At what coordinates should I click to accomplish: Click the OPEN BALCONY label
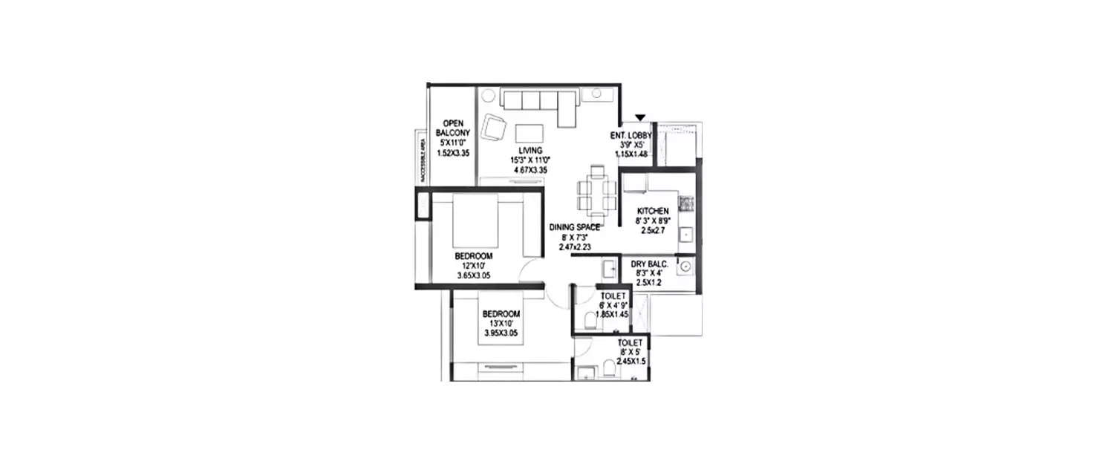pos(453,128)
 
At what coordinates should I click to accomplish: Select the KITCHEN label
pos(652,211)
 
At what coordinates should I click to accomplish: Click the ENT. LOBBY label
pos(631,134)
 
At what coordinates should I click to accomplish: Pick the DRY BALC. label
pos(650,264)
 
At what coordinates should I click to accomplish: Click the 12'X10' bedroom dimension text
pos(474,266)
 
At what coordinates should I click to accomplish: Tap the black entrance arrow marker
pos(640,117)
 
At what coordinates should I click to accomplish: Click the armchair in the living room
pos(495,128)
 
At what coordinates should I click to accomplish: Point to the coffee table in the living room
pos(529,132)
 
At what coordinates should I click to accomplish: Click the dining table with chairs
pos(596,188)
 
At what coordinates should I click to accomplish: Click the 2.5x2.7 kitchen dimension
pos(652,231)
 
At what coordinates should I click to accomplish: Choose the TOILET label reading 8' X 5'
pos(630,342)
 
